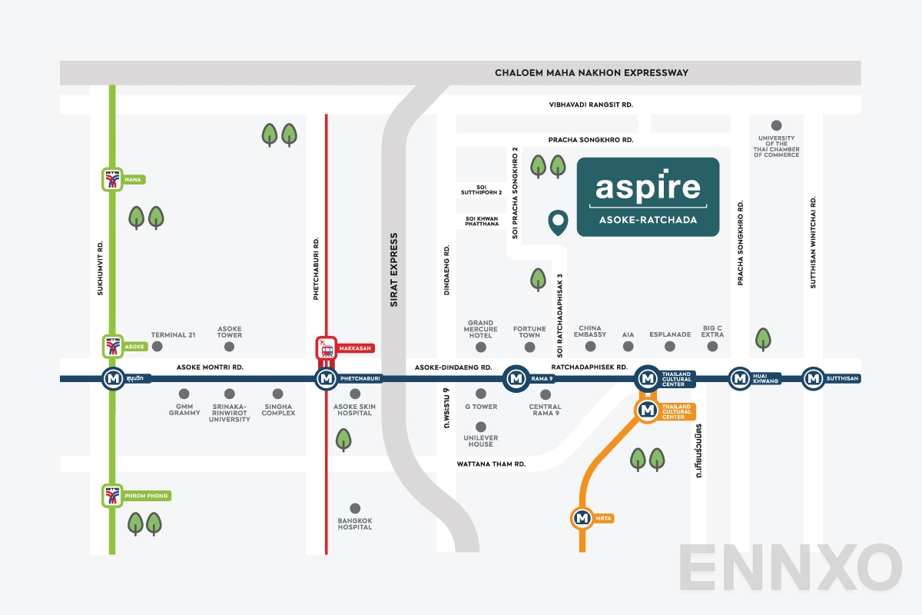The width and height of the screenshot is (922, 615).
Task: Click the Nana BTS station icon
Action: (113, 179)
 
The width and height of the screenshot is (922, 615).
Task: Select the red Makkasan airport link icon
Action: (327, 348)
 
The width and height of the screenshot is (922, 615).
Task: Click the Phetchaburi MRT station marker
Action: (327, 378)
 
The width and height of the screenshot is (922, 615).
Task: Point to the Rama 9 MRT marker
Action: (515, 378)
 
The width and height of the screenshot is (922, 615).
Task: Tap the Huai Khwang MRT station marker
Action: (740, 378)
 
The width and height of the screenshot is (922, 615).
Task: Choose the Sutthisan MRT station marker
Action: (813, 378)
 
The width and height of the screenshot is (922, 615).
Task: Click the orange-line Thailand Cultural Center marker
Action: (647, 411)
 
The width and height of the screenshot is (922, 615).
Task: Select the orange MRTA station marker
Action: (582, 518)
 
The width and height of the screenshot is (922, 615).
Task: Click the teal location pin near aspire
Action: (558, 222)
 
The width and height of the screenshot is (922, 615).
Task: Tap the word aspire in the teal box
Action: (648, 187)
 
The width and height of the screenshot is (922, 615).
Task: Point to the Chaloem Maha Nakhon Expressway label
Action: (592, 73)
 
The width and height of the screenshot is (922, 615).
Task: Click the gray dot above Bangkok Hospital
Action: (355, 508)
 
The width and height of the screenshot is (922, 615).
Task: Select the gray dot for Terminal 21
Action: (158, 347)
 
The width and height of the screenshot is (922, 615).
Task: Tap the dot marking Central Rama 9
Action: (545, 394)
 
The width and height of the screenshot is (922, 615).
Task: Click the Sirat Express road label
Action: (394, 270)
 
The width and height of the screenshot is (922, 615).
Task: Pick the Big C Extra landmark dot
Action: (712, 347)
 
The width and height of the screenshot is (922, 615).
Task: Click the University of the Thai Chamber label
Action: (776, 144)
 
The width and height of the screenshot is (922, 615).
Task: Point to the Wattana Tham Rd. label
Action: (491, 464)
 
